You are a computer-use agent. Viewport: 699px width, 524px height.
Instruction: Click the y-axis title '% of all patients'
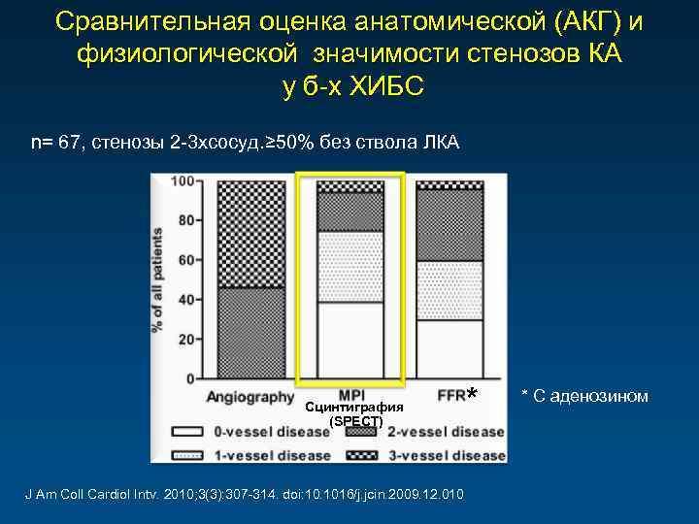(158, 278)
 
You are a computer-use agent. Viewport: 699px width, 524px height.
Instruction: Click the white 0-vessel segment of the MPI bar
(349, 340)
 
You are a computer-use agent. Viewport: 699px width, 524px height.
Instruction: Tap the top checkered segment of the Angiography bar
(251, 234)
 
